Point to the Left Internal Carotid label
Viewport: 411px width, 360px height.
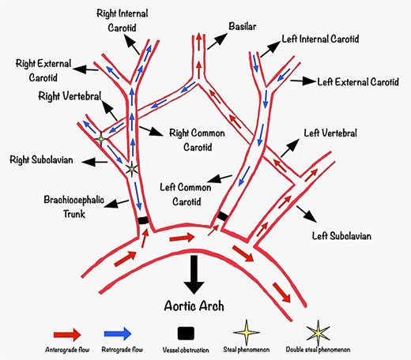tap(322, 38)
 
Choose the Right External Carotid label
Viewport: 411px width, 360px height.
tap(41, 68)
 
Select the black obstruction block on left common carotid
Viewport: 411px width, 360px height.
tap(223, 216)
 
